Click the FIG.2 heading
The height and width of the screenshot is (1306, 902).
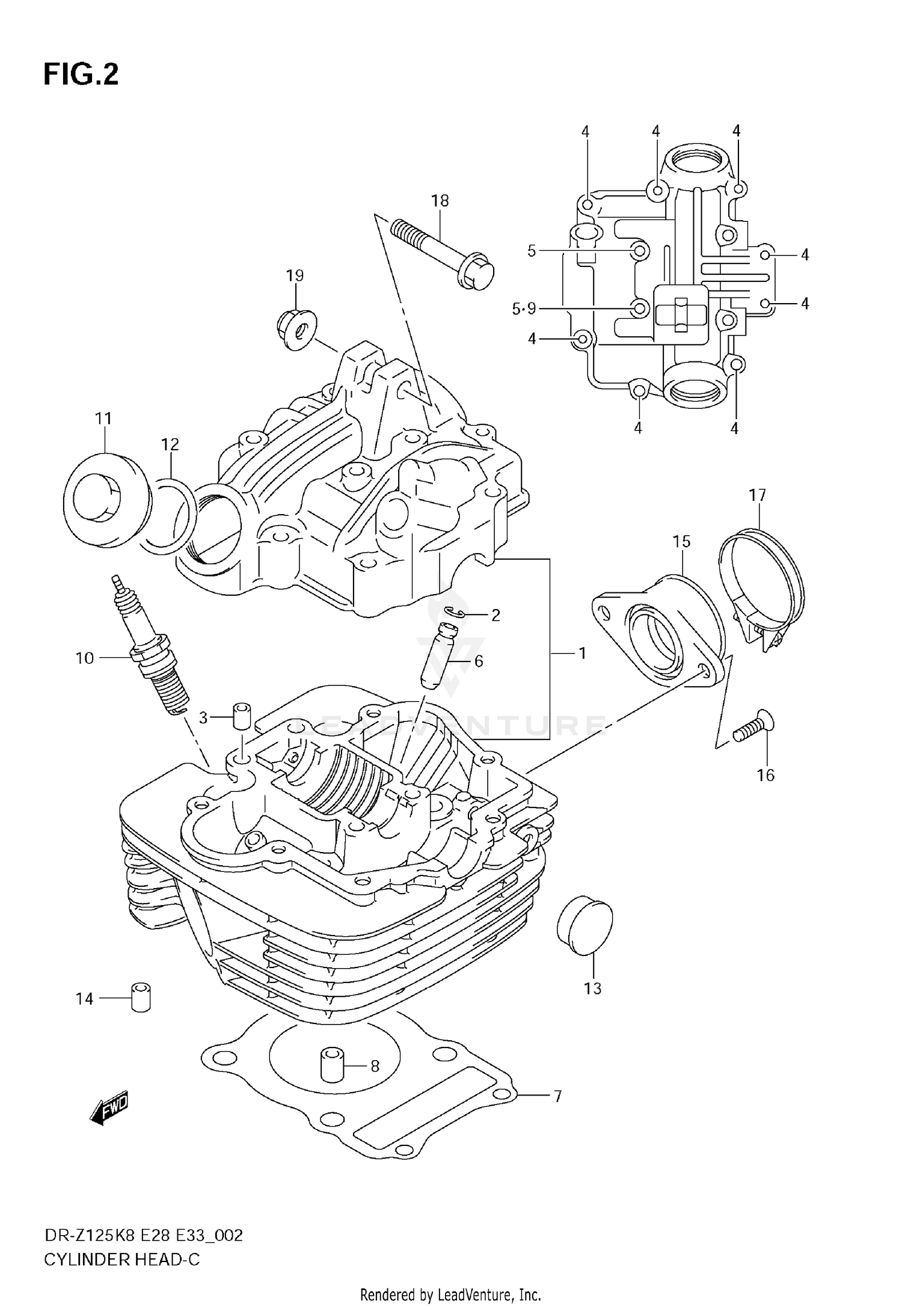(x=81, y=75)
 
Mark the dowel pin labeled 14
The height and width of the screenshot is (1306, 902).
(x=140, y=998)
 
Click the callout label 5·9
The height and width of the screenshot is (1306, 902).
(x=523, y=309)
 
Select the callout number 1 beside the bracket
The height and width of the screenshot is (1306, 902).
(x=581, y=653)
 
